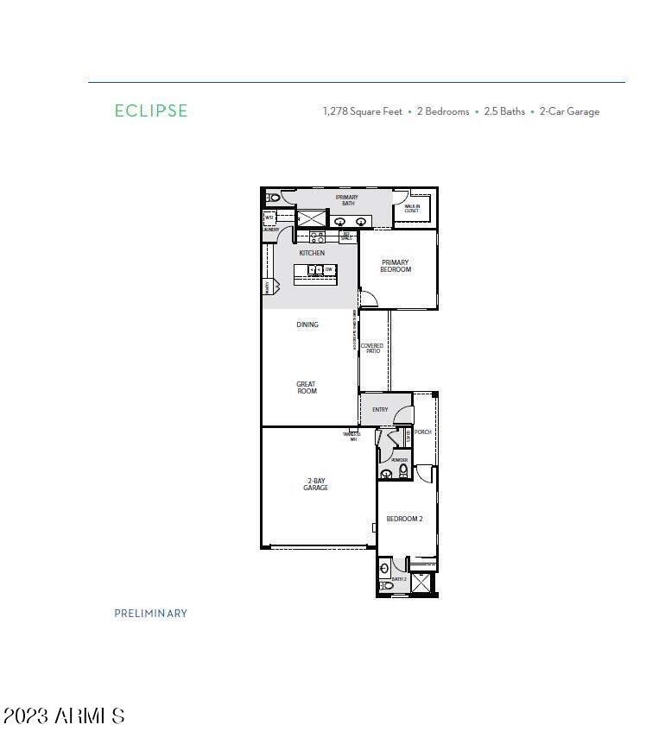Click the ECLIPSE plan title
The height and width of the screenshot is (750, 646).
[151, 110]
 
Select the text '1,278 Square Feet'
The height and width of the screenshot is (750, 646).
[362, 111]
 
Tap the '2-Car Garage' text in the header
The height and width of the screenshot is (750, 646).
[569, 111]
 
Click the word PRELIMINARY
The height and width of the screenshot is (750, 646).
[150, 614]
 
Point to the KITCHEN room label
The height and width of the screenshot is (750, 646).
[312, 253]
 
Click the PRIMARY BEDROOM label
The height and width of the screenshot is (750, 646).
[396, 266]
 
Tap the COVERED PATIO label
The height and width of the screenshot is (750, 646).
[371, 348]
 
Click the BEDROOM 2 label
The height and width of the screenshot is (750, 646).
[403, 519]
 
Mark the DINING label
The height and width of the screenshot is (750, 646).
[307, 325]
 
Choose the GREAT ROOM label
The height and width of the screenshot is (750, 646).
[307, 388]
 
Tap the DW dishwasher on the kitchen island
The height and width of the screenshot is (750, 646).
[329, 270]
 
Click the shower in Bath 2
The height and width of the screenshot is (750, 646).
[421, 583]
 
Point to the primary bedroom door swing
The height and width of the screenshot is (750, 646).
[368, 299]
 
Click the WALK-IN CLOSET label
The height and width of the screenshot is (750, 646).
[412, 208]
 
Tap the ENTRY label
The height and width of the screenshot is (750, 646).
[380, 410]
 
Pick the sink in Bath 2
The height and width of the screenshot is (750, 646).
[385, 569]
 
